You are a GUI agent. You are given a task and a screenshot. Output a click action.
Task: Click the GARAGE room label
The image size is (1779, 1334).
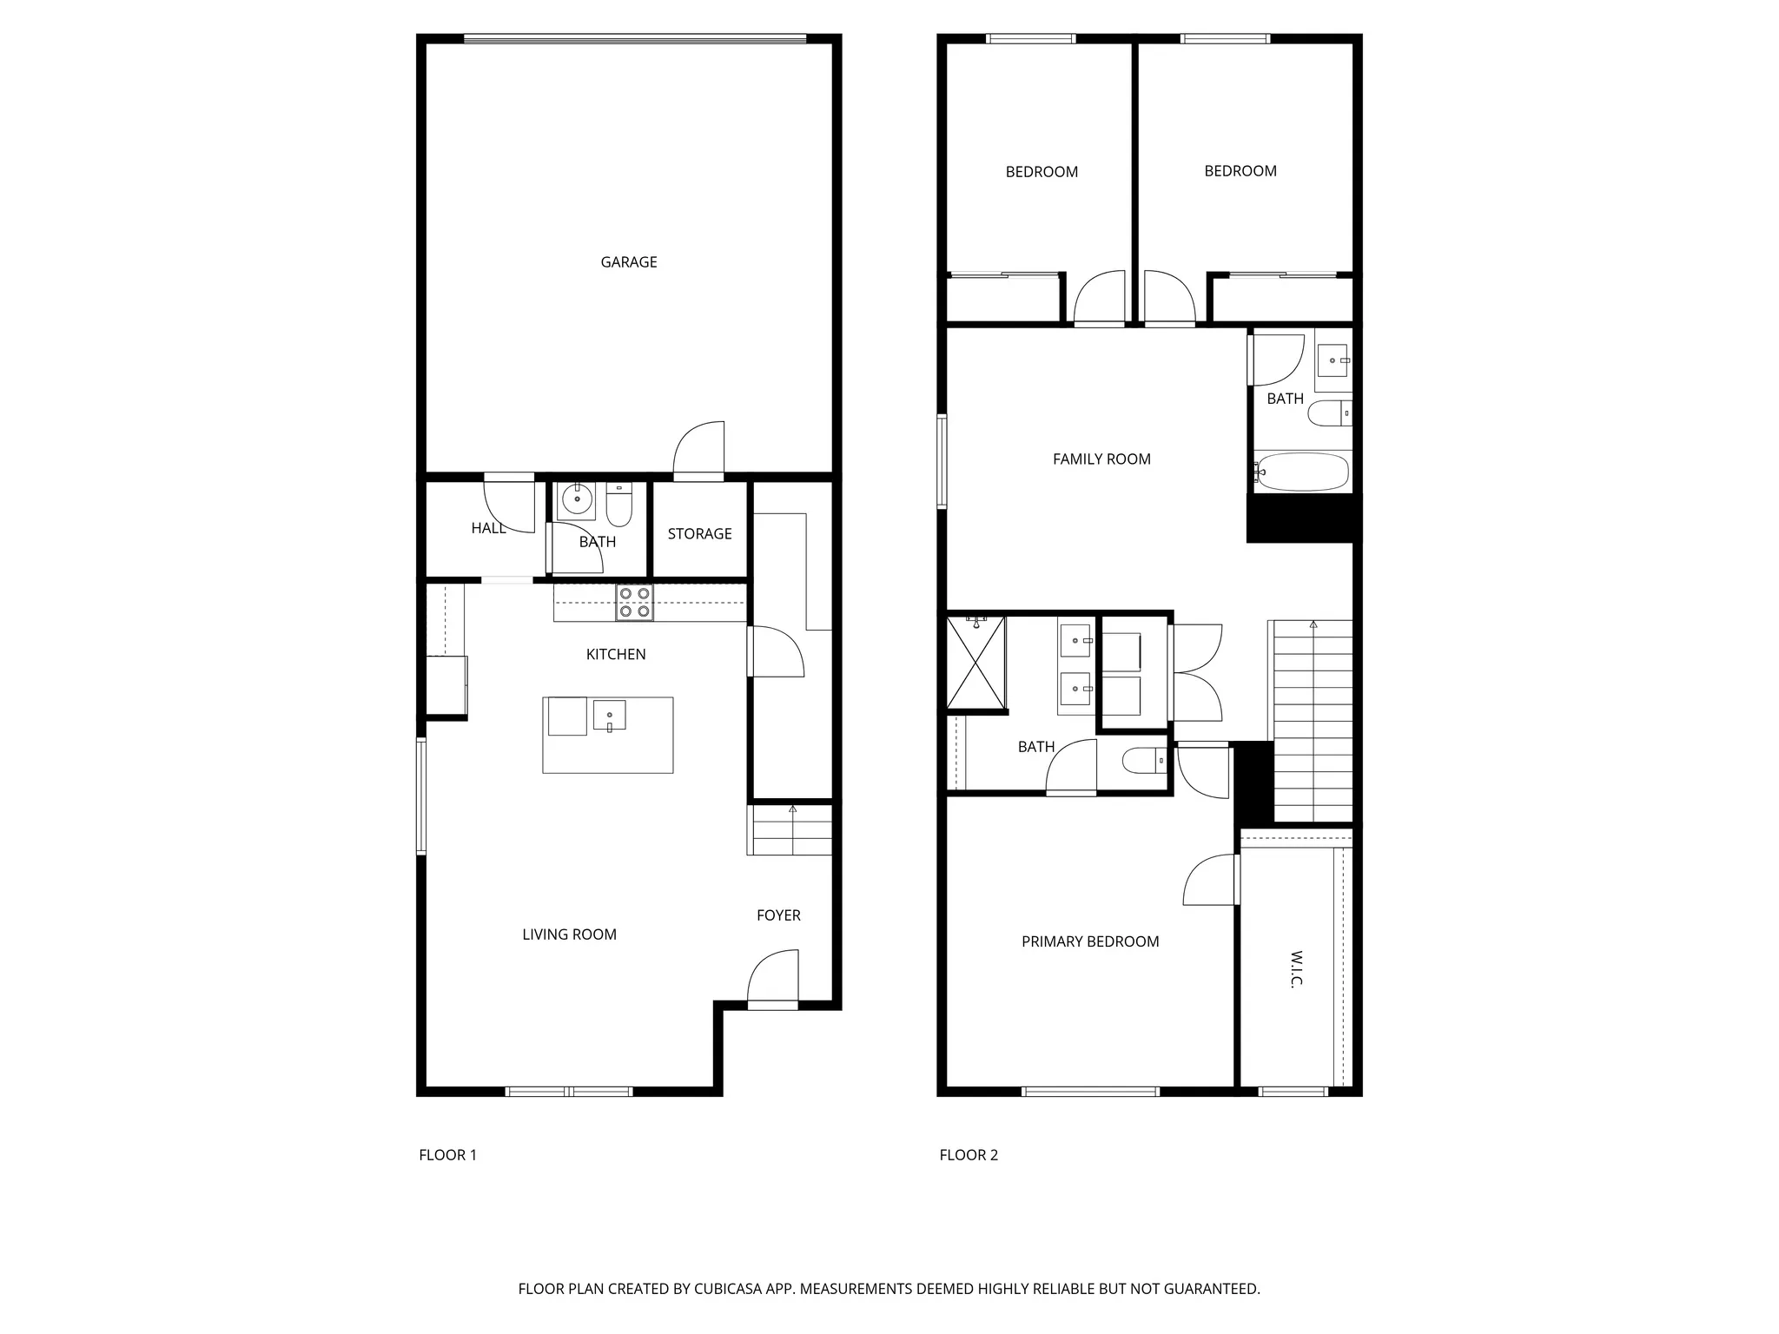(x=628, y=262)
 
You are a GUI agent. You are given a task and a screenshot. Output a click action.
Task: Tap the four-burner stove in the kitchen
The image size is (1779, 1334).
(x=634, y=603)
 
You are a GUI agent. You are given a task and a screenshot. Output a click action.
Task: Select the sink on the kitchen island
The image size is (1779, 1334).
(x=609, y=716)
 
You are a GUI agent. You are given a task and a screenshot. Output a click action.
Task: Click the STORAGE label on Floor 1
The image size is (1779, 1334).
(x=699, y=534)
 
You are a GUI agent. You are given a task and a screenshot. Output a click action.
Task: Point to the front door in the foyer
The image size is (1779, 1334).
(x=773, y=980)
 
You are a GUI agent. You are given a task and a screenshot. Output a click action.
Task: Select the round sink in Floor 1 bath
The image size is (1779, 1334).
(x=576, y=500)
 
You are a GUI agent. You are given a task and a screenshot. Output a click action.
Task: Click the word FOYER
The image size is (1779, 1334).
(x=778, y=915)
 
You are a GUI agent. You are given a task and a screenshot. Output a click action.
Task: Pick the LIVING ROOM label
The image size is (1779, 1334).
(x=569, y=934)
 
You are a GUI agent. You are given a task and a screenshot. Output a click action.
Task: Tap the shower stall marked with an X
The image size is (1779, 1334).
(x=975, y=663)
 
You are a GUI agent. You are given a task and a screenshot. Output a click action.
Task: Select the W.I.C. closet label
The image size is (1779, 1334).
(x=1296, y=969)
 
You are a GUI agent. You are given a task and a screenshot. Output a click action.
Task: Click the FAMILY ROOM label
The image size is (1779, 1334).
(x=1101, y=459)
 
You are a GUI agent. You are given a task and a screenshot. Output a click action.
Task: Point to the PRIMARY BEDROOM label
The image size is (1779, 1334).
(x=1090, y=941)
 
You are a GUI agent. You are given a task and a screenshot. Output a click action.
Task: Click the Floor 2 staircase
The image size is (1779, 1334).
(x=1313, y=721)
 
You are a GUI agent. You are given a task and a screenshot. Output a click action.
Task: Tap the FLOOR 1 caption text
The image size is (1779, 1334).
(x=447, y=1155)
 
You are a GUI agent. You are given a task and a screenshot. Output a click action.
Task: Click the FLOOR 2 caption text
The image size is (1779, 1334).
(x=969, y=1155)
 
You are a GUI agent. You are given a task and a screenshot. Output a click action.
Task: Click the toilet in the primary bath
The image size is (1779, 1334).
(x=1141, y=762)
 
